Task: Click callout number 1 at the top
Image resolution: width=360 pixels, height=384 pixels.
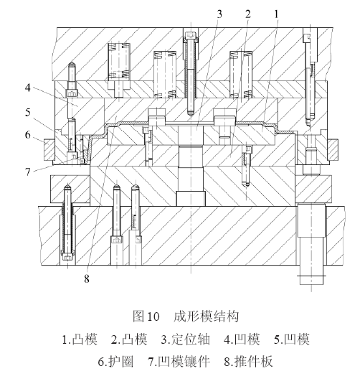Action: tap(276, 14)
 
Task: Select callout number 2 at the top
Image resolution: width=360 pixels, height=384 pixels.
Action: tap(247, 14)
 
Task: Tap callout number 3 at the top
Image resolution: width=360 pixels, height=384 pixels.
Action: tap(219, 14)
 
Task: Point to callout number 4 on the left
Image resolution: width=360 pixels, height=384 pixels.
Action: tap(28, 88)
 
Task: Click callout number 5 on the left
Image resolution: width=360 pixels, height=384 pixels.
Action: tap(28, 113)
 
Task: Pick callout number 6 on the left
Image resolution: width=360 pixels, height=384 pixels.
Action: tap(28, 135)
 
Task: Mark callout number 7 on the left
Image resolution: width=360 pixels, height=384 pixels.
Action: tap(28, 172)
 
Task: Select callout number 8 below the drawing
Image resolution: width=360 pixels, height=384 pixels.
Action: tap(87, 278)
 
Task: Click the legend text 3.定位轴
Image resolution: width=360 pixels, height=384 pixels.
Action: tap(185, 339)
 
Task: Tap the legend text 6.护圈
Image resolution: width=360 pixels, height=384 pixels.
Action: tap(115, 362)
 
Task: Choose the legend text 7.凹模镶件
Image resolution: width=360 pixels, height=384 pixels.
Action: tap(179, 362)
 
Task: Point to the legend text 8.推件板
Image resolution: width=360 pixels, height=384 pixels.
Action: tap(248, 362)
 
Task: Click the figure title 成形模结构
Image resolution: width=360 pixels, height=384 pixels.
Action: tap(206, 316)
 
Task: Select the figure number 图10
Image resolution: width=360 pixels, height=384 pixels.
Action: tap(146, 316)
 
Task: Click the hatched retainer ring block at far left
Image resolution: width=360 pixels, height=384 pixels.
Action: tap(49, 150)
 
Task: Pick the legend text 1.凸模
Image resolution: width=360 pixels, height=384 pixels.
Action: tap(80, 339)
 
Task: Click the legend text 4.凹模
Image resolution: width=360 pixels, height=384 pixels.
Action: tap(242, 339)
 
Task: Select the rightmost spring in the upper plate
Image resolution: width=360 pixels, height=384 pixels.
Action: tap(241, 75)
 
